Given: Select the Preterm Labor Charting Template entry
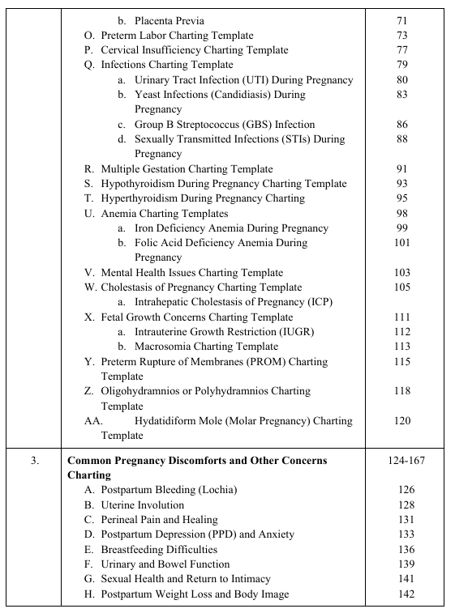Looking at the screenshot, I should (x=176, y=36).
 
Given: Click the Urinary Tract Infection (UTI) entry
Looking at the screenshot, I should (x=243, y=80).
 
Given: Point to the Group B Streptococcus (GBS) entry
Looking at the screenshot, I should (x=224, y=125).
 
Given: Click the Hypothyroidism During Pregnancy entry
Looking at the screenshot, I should (x=223, y=184).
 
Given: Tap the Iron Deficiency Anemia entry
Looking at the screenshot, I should (x=231, y=228).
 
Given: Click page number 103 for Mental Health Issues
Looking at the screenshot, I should (x=403, y=273).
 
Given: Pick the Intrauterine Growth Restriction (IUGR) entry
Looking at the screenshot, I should (x=224, y=332).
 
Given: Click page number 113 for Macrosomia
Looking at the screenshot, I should (x=403, y=347).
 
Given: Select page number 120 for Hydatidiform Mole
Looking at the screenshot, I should (x=403, y=421).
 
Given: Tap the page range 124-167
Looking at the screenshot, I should (x=403, y=460).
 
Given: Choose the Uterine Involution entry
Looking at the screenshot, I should (x=142, y=505).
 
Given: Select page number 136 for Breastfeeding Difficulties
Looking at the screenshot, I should (x=403, y=550).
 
